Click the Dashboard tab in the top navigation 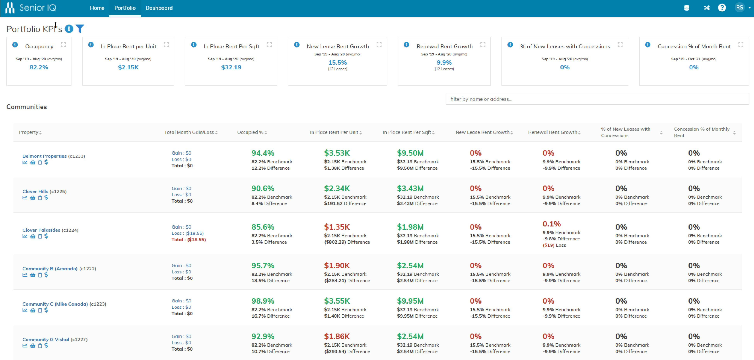[x=159, y=8]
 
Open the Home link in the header [x=97, y=8]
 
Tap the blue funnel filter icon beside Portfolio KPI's [x=80, y=29]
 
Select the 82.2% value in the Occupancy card [x=39, y=67]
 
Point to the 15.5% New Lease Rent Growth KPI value [x=338, y=63]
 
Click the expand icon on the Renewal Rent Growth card [x=483, y=45]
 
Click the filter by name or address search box [x=597, y=99]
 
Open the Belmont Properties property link [x=44, y=156]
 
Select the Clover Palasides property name [x=41, y=230]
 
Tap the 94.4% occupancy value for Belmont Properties [x=263, y=153]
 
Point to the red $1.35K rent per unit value [x=337, y=227]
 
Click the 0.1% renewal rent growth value [x=552, y=224]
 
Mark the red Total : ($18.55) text [x=189, y=240]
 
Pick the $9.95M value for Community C [x=410, y=301]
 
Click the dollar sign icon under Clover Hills [x=46, y=197]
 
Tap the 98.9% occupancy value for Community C [x=263, y=301]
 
